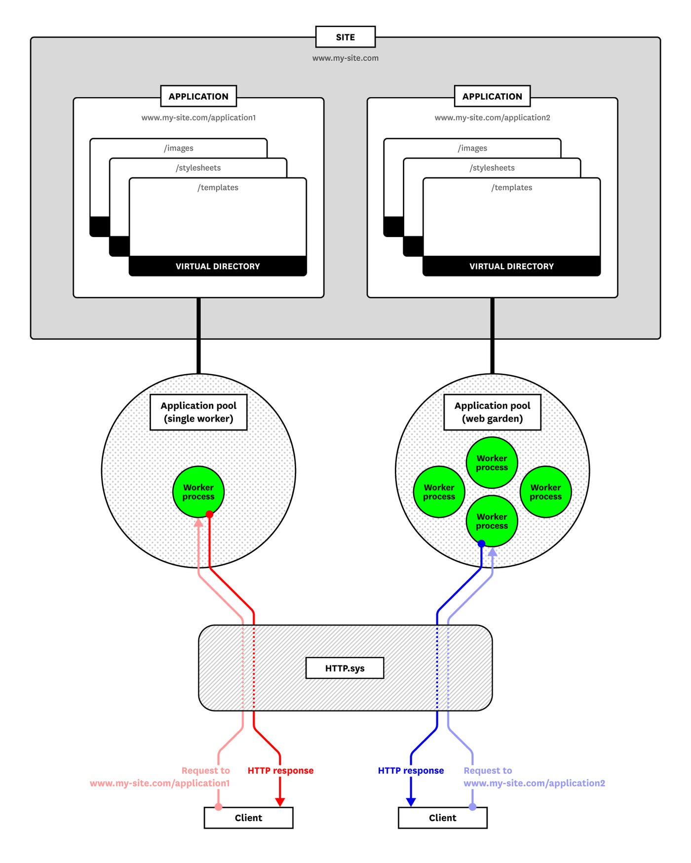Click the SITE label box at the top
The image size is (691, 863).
345,37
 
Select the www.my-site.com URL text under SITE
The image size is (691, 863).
345,58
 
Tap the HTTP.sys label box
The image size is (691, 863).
345,668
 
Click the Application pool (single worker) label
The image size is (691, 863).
198,412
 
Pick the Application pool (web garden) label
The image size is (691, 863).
492,412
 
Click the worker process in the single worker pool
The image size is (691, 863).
198,491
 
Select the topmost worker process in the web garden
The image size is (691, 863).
492,462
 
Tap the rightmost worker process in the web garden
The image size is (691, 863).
545,491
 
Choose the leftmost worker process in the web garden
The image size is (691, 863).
439,491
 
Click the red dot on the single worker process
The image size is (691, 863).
209,514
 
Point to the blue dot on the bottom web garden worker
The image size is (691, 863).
481,544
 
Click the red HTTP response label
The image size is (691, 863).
280,770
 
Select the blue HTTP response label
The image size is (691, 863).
411,770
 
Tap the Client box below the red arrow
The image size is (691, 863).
248,818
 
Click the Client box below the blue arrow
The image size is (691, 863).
442,818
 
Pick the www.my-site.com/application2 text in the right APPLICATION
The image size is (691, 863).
492,118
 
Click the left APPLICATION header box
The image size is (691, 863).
198,96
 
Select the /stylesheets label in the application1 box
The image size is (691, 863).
198,168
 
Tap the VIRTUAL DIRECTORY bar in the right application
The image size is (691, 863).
511,266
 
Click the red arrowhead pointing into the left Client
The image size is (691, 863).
280,802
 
